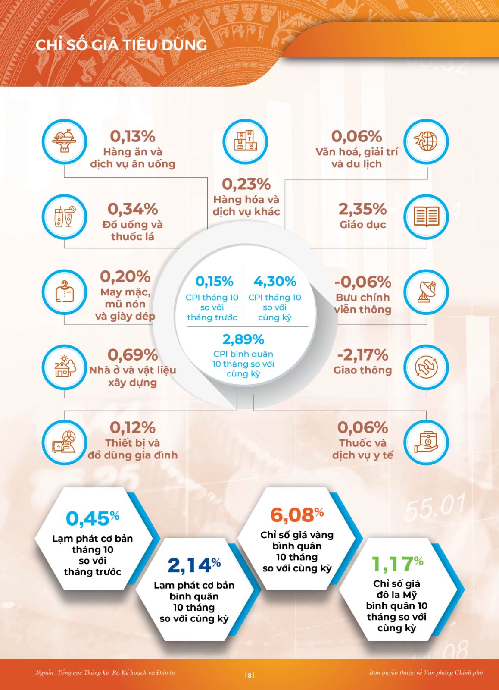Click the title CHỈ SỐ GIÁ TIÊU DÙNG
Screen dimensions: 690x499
point(121,45)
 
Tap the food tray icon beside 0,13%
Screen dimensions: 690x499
point(64,141)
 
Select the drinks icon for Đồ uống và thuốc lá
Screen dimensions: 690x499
point(64,216)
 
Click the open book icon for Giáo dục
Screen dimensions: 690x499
point(426,216)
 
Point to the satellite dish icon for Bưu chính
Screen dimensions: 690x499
point(426,292)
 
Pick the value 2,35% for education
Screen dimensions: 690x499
point(362,209)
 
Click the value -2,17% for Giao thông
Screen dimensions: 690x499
point(362,355)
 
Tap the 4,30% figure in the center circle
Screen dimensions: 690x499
point(275,282)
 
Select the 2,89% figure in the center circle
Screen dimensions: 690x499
point(243,339)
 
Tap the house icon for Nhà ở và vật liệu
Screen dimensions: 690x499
point(64,367)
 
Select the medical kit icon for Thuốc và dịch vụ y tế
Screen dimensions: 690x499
point(426,442)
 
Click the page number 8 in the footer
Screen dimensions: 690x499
point(249,675)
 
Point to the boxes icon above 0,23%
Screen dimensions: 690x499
point(245,141)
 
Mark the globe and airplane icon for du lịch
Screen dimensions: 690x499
point(426,141)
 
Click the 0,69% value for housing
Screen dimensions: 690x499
point(132,355)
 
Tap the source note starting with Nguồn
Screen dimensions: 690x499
point(105,673)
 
